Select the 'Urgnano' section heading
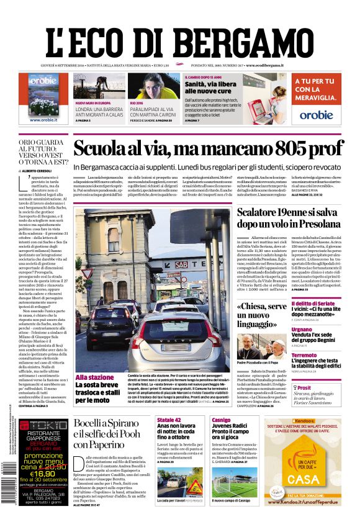click(302, 330)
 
